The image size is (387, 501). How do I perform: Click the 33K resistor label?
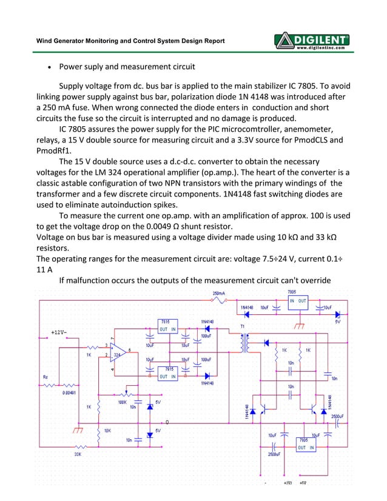pos(78,454)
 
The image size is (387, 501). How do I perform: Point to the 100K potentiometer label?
pos(122,401)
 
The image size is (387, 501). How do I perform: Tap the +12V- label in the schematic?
pos(59,332)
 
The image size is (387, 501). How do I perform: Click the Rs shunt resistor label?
pos(45,377)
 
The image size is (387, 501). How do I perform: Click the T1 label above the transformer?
pos(243,326)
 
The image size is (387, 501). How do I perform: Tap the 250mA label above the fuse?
pos(219,293)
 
